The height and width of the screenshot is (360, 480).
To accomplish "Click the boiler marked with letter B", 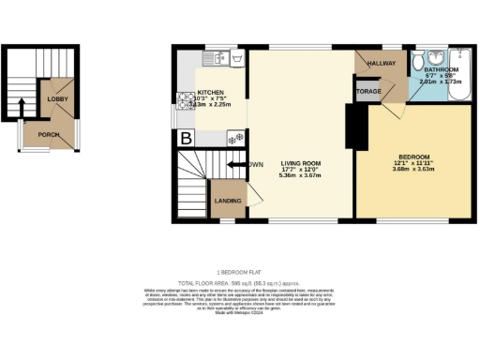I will pos(186,138).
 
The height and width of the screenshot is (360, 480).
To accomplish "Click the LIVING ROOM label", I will pos(301,165).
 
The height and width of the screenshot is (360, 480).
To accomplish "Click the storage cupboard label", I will pos(367,93).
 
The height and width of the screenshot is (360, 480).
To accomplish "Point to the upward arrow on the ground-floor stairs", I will pos(21,103).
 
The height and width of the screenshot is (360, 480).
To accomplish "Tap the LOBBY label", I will pos(58,97).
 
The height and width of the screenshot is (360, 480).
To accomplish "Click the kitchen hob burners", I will pos(181,97).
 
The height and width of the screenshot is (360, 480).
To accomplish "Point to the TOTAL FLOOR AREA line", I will pos(240,282).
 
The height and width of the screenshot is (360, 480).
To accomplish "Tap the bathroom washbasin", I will pos(437,55).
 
